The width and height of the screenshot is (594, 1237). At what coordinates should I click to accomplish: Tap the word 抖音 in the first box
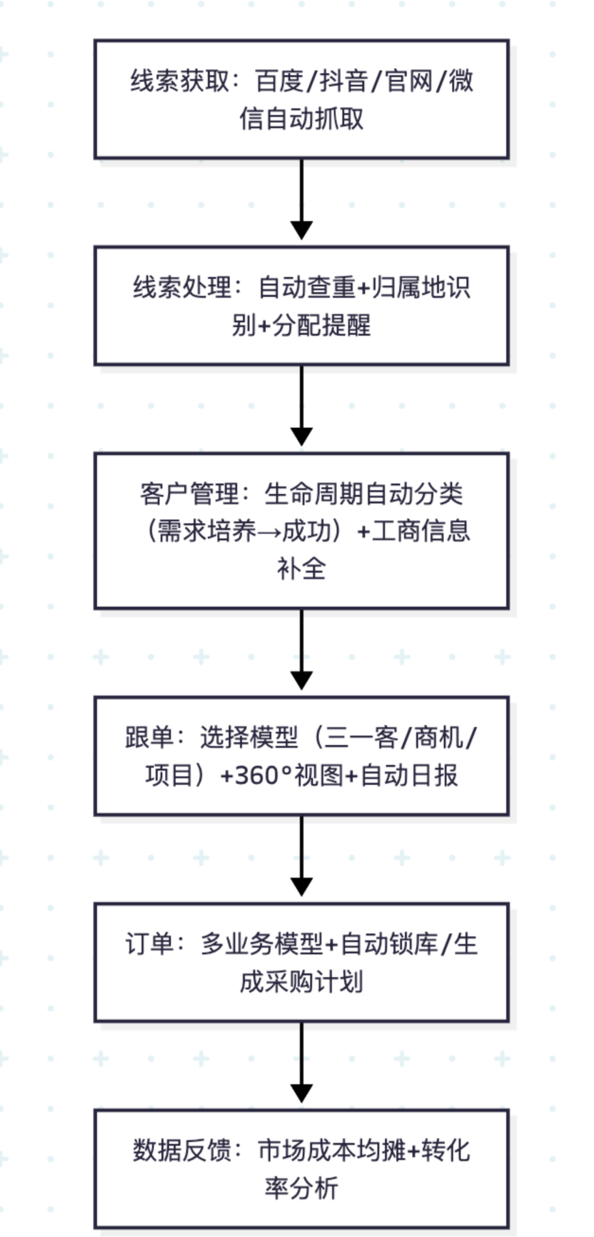343,81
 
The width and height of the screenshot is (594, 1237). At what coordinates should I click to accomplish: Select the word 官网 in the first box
408,81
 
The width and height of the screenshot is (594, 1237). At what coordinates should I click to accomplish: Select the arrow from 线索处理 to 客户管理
301,405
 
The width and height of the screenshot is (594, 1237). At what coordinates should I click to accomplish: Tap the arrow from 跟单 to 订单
301,855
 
